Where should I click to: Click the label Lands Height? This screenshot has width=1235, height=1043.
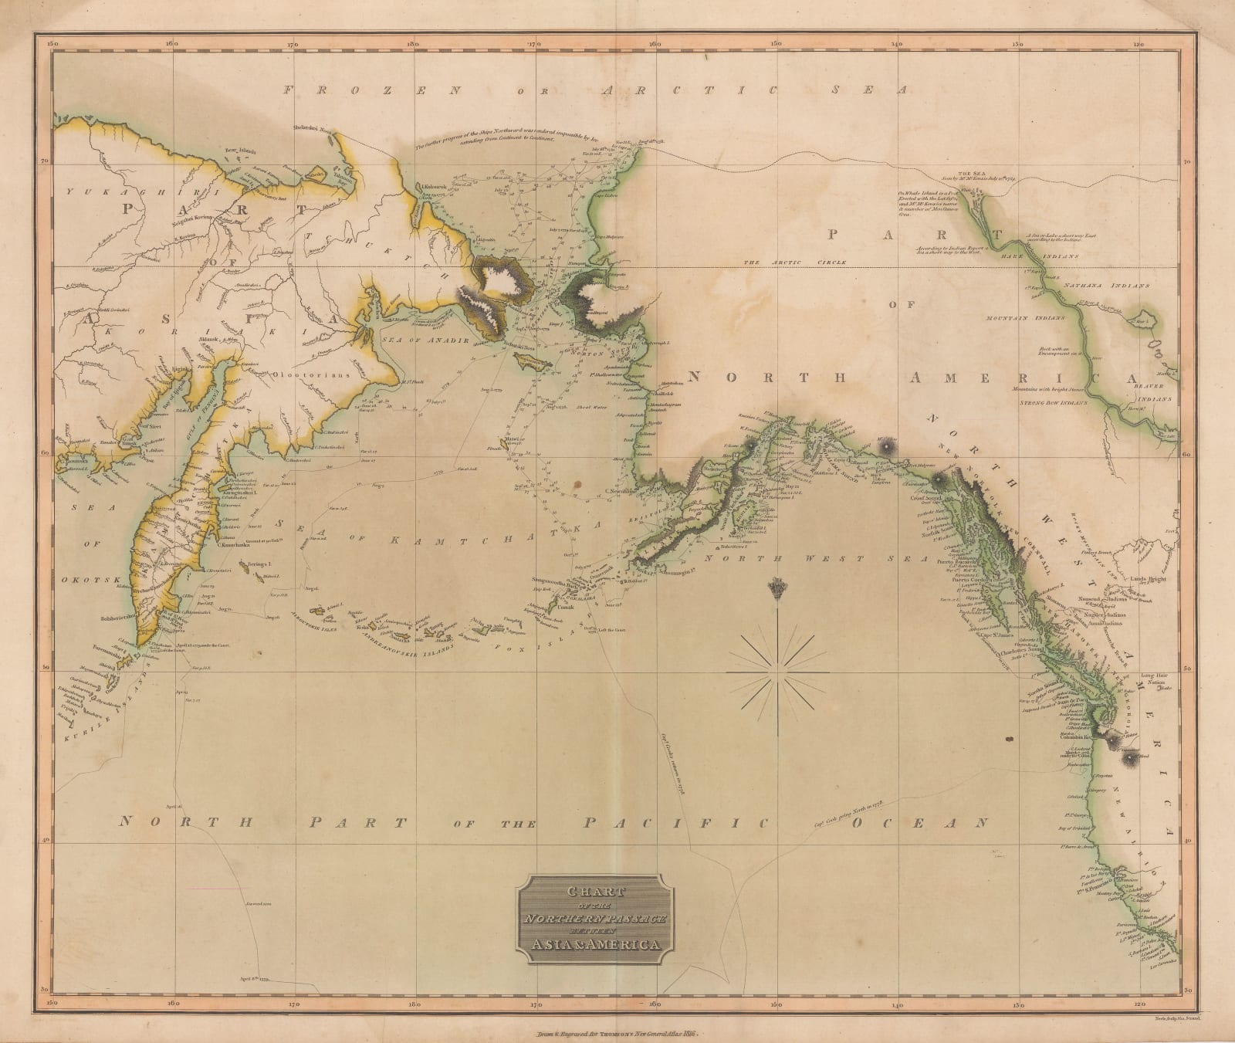(x=1151, y=578)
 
